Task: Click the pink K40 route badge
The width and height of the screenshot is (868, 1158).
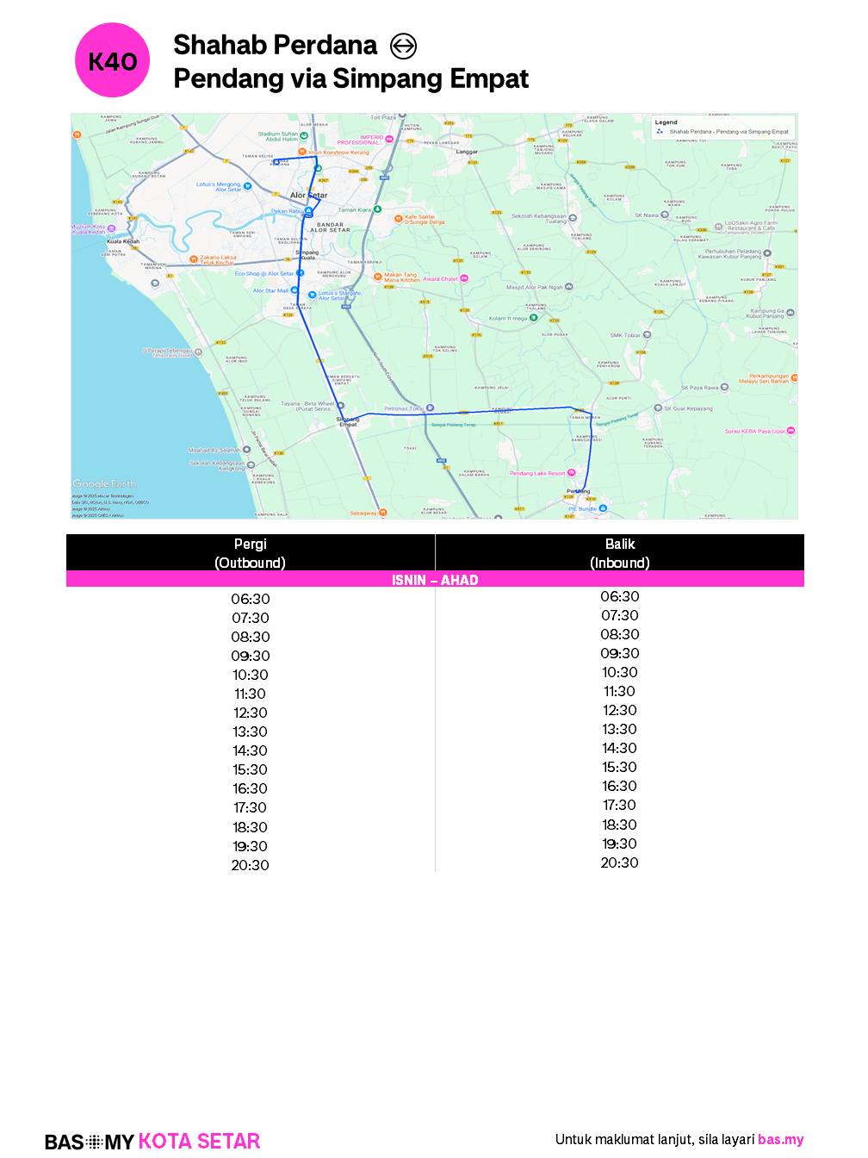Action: point(113,60)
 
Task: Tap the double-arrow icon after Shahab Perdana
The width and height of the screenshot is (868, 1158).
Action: point(403,46)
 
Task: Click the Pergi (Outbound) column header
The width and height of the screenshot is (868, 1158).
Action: point(250,553)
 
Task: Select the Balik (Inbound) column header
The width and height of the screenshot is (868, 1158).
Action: point(619,553)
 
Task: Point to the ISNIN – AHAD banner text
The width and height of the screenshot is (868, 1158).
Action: point(435,580)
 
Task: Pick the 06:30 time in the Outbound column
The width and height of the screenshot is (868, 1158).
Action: point(250,599)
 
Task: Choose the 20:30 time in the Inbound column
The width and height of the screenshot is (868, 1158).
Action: point(619,862)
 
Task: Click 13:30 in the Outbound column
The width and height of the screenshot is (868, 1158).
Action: point(250,732)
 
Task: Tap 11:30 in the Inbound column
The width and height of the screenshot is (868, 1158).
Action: point(619,691)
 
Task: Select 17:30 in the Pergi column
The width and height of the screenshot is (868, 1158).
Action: point(250,807)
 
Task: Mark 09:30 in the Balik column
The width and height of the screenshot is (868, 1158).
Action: point(619,653)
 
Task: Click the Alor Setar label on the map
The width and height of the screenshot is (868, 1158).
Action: point(308,196)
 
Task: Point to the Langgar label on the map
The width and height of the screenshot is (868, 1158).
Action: point(467,152)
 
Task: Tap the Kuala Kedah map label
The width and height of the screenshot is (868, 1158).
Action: point(122,241)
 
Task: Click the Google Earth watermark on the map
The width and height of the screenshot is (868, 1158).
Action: point(104,484)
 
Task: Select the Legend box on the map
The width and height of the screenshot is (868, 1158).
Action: point(723,128)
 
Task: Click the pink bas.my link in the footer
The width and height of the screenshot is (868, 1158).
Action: point(780,1139)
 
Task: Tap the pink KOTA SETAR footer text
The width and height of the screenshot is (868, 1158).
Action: point(199,1142)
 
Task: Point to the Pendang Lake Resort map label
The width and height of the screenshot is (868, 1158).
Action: point(537,473)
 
